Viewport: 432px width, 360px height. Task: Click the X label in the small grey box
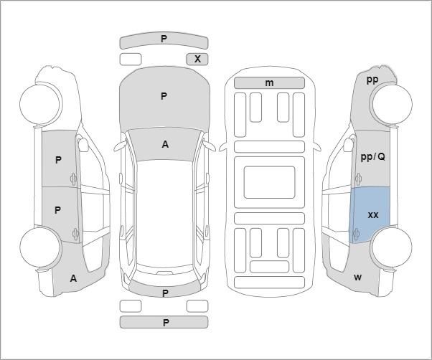(197, 59)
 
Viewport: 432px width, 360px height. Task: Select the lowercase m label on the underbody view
(269, 83)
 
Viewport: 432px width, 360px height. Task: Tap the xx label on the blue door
(373, 215)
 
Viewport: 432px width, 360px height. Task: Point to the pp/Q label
(372, 157)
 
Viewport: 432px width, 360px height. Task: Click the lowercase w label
(357, 278)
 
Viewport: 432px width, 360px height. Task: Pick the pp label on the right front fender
(372, 80)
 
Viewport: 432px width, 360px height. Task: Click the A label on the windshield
(165, 144)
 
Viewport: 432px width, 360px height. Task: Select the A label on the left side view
(73, 278)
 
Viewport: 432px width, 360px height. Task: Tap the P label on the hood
(164, 96)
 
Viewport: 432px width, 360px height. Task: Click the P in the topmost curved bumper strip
(164, 39)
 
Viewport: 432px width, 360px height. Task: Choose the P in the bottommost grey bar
(166, 323)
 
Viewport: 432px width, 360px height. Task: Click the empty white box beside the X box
(131, 60)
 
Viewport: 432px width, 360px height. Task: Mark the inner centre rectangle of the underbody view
(269, 182)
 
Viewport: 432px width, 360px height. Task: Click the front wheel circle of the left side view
(41, 104)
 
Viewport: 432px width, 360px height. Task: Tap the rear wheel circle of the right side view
(391, 247)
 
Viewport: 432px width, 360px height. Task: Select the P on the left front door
(58, 160)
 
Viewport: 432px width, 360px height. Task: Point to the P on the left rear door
(57, 210)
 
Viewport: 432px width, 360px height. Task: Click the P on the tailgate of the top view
(165, 293)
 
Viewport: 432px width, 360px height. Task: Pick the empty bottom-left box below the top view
(131, 306)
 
